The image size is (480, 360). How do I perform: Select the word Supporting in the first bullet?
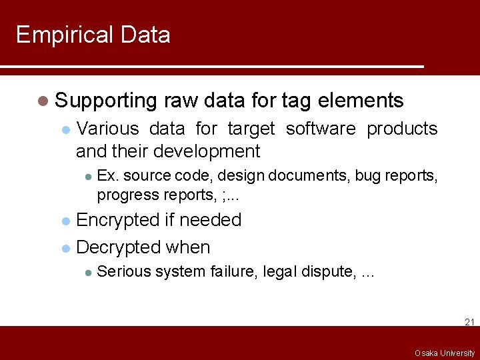(x=105, y=101)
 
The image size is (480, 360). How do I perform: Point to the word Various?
(x=108, y=129)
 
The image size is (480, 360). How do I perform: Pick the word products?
(x=402, y=129)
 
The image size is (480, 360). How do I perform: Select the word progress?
(x=123, y=195)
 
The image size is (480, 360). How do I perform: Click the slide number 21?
(x=469, y=322)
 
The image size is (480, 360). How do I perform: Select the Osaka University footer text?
(x=445, y=353)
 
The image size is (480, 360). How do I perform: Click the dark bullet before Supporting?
(x=43, y=101)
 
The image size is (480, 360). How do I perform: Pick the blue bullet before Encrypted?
(x=65, y=221)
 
